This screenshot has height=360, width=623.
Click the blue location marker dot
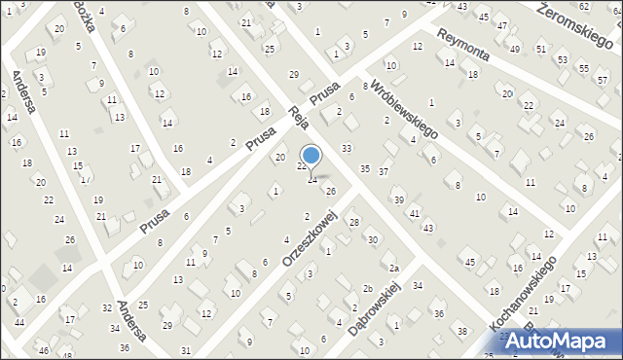click(x=311, y=155)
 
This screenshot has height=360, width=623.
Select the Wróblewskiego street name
click(x=402, y=106)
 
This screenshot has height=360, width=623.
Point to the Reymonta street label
click(x=468, y=52)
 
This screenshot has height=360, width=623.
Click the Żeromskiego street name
click(x=579, y=18)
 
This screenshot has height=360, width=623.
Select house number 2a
click(x=394, y=268)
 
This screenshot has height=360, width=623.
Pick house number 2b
click(x=368, y=289)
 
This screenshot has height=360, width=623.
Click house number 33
click(x=347, y=147)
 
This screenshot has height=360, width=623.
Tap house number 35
click(x=365, y=169)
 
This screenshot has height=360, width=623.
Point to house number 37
click(x=384, y=172)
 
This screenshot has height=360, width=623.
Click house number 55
click(x=583, y=68)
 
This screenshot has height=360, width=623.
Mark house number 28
click(x=354, y=223)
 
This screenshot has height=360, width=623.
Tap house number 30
click(x=372, y=239)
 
